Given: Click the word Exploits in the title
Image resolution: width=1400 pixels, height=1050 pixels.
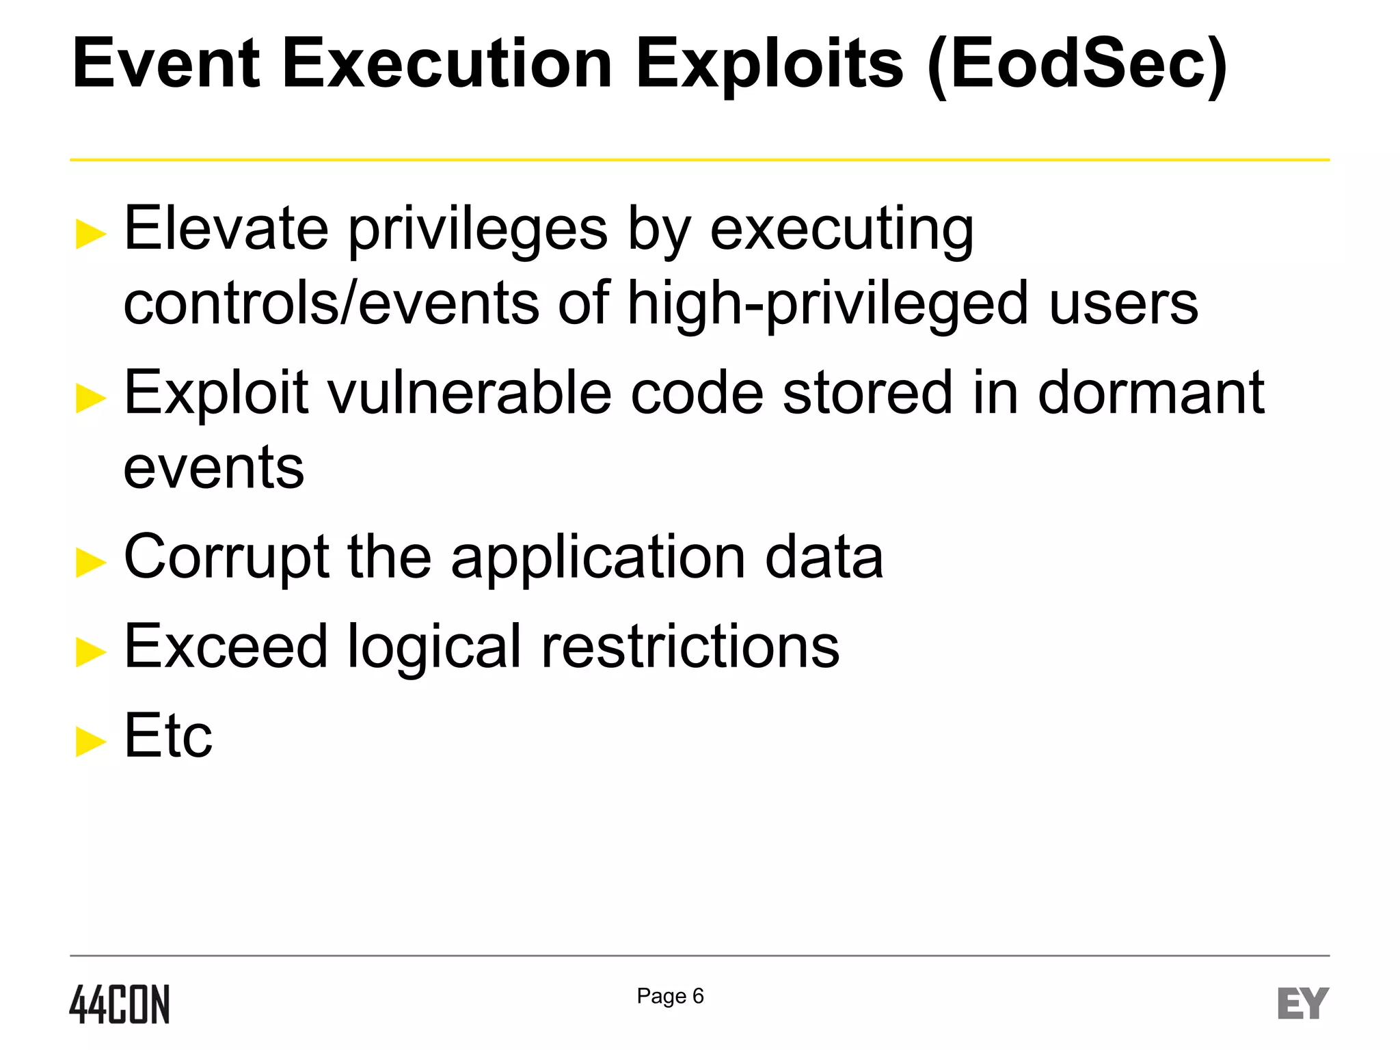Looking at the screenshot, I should tap(770, 64).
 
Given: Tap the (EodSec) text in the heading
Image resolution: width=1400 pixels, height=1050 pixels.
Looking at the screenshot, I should tap(1077, 66).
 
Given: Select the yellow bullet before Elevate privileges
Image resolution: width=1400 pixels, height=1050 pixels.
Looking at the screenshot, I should tap(91, 234).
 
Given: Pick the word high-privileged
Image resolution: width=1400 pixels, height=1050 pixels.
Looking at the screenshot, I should tap(827, 304).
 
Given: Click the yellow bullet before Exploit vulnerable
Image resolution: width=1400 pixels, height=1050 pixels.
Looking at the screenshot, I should tap(91, 398).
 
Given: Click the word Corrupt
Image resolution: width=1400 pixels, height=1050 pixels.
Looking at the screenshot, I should tap(226, 558).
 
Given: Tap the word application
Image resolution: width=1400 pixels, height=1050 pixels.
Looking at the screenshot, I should tap(598, 558).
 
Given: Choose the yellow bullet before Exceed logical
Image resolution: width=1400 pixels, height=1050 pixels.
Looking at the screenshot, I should tap(91, 651).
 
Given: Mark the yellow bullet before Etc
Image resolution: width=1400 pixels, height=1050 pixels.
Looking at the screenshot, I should tap(91, 742).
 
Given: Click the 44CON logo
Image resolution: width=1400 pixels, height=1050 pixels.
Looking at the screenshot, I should tap(120, 1004).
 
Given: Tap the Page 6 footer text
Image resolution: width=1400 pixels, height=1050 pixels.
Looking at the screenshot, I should tap(670, 996).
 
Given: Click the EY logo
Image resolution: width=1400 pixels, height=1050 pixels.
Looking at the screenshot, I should tap(1303, 1003).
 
